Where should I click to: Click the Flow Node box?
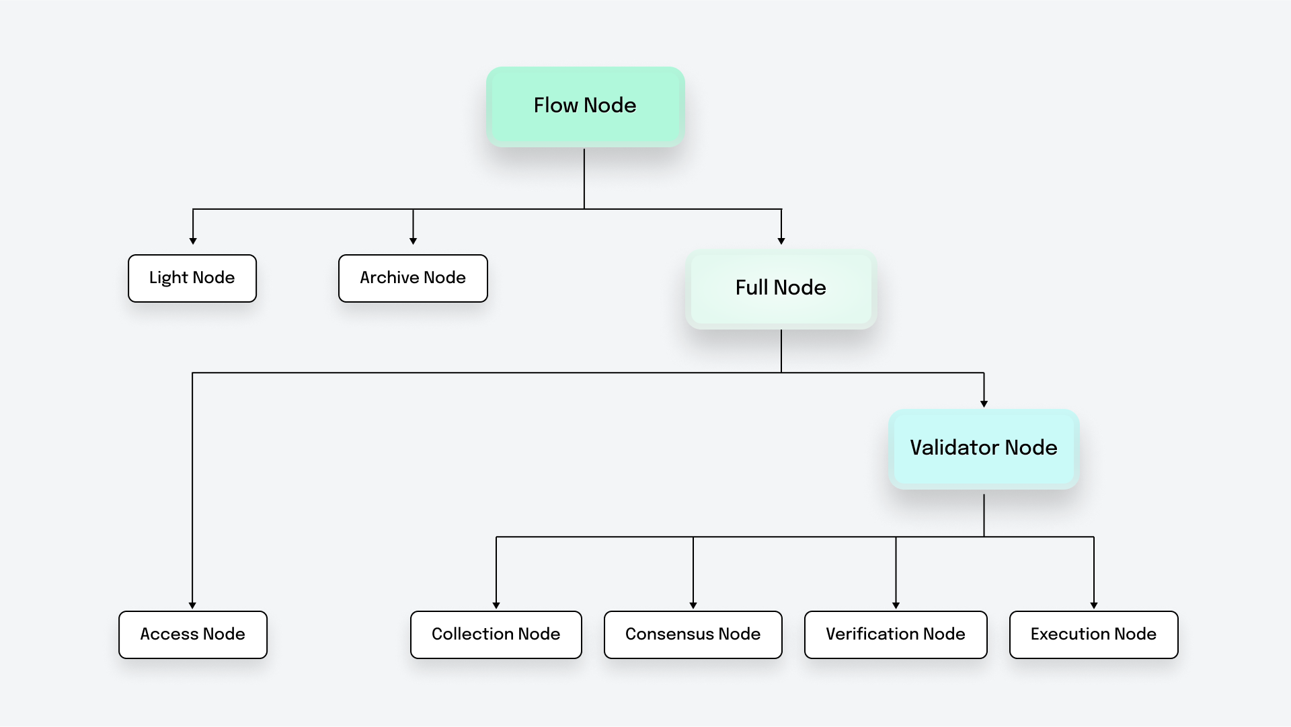pos(585,106)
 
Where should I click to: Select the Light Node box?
pos(192,278)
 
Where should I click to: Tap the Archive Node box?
pos(413,278)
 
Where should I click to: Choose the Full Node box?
pos(781,289)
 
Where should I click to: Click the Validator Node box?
pos(984,449)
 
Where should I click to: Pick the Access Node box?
pos(192,634)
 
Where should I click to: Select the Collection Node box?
pos(496,634)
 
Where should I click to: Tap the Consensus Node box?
pos(693,634)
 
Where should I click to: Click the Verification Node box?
pos(896,634)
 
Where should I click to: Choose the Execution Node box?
pos(1093,634)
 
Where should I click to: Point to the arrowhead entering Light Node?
pos(193,241)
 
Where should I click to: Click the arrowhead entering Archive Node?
pos(413,241)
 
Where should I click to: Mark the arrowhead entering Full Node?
pos(781,241)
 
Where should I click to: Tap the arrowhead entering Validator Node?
pos(984,404)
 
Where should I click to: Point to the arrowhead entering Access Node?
pos(192,605)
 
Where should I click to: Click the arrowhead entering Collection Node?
pos(496,605)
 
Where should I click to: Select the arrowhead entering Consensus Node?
pos(693,605)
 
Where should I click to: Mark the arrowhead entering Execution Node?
pos(1094,605)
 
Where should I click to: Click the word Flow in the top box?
pos(556,106)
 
